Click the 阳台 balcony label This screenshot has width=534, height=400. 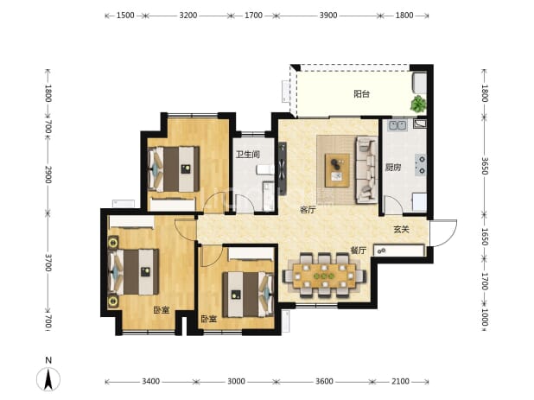[x=362, y=93]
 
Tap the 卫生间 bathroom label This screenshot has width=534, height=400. [x=248, y=155]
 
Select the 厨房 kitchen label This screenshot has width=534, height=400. [x=393, y=167]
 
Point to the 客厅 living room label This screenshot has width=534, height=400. [x=308, y=210]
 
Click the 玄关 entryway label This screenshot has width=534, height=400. [x=401, y=230]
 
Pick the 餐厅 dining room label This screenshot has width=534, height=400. [x=359, y=251]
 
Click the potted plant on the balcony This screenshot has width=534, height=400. [x=418, y=104]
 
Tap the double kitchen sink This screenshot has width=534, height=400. [x=397, y=125]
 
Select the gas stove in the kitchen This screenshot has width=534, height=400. [x=421, y=165]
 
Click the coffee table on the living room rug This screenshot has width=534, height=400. [x=338, y=170]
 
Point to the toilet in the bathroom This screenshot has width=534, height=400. [x=265, y=169]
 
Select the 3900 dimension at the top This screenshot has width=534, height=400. [x=328, y=16]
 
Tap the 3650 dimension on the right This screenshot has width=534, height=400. [x=486, y=166]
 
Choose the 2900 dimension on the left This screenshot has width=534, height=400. [x=48, y=175]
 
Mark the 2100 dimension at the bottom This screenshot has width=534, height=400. [x=400, y=381]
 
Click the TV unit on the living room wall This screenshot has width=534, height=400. [x=283, y=168]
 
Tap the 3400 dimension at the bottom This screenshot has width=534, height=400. [x=150, y=381]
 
